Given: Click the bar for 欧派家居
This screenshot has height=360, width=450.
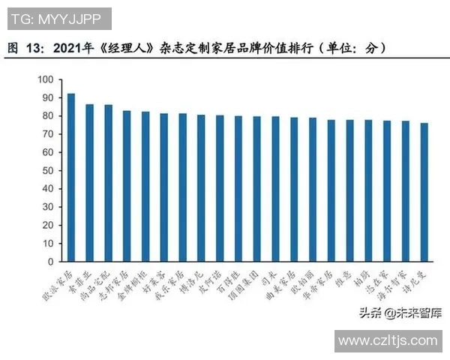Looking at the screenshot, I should [71, 177].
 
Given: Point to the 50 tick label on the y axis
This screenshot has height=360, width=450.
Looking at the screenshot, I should [47, 170].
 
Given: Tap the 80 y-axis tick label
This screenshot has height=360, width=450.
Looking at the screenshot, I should [47, 115].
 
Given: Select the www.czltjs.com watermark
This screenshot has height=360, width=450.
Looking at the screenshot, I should [387, 340].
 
